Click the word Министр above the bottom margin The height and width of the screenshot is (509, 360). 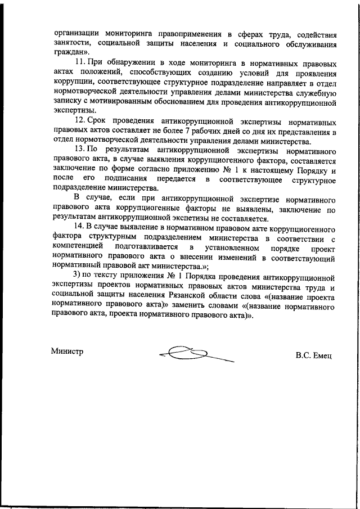(x=67, y=352)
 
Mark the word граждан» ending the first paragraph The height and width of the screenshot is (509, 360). (x=67, y=53)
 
